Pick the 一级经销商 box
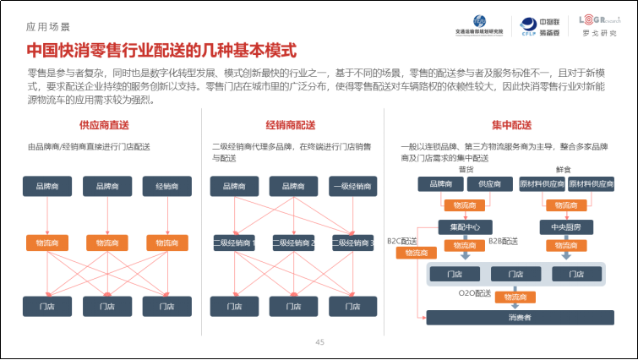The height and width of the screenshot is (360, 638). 353,186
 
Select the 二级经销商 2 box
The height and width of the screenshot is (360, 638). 293,243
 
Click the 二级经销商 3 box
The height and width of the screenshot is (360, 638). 353,243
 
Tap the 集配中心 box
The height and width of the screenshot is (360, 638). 459,226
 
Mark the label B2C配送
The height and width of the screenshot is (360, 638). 402,240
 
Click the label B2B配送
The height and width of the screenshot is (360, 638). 503,241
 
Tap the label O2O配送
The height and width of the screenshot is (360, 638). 474,293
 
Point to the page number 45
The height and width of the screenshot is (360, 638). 319,342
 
